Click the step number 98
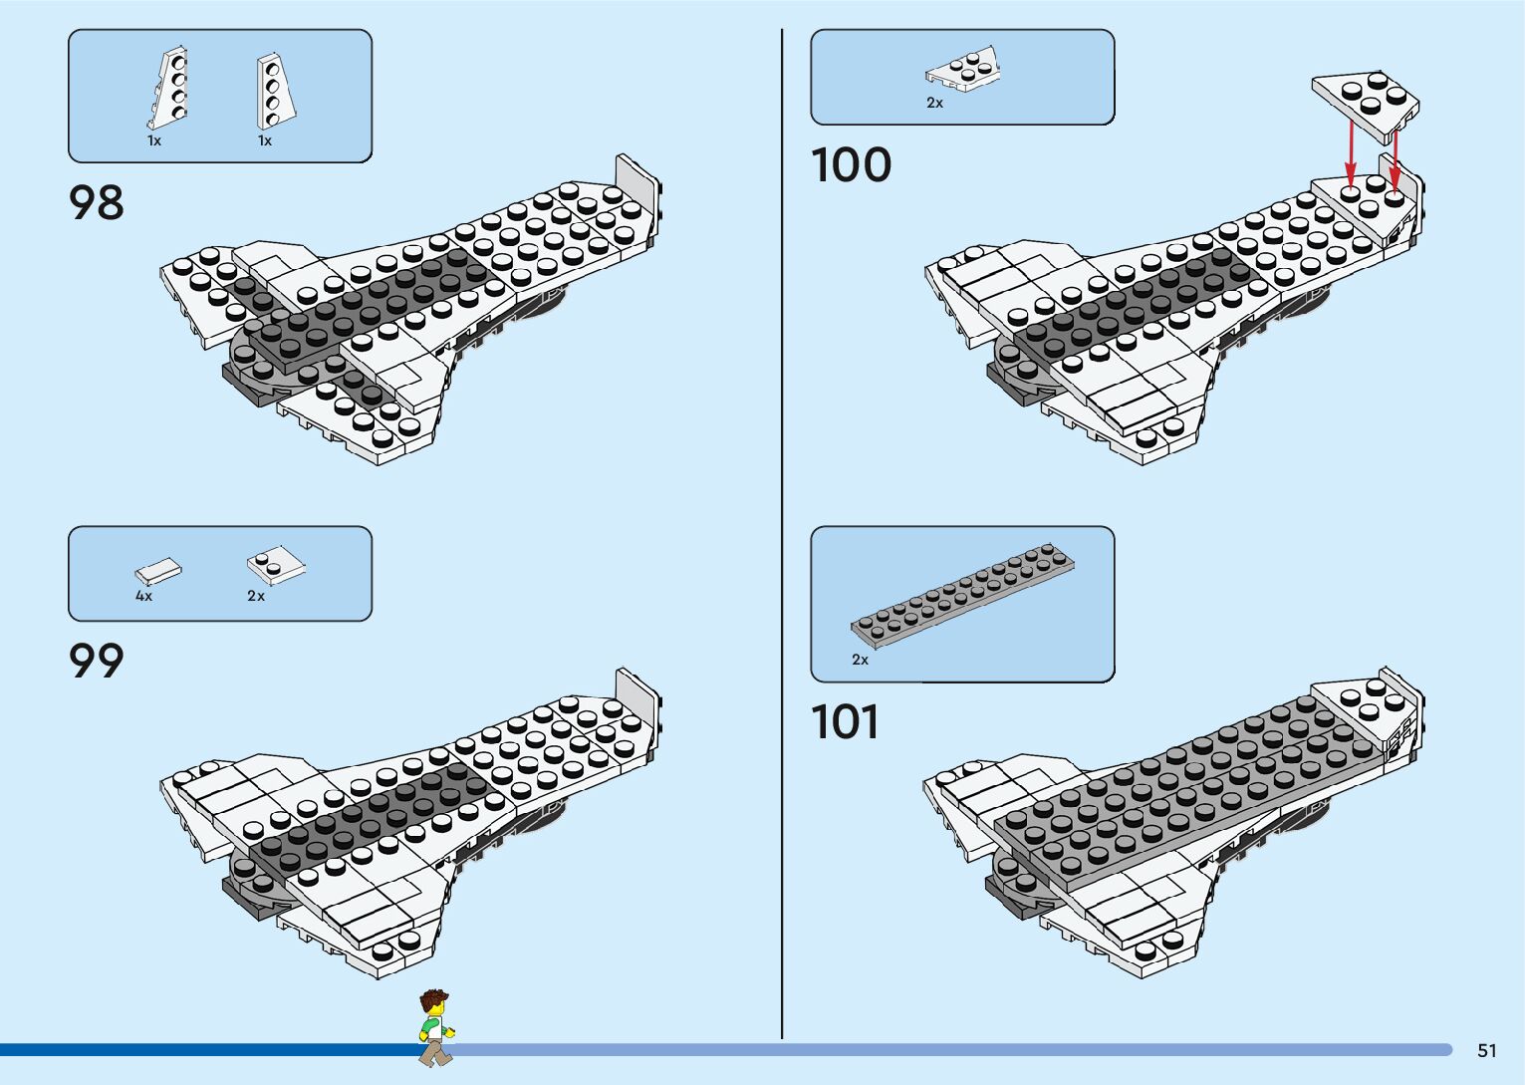(x=97, y=202)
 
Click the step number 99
(x=97, y=661)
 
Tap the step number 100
(x=851, y=165)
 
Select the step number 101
(x=845, y=722)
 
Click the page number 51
(x=1486, y=1050)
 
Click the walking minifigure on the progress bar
(x=434, y=1026)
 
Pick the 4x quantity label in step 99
(x=143, y=596)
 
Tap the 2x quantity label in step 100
(x=934, y=103)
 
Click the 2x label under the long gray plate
(x=860, y=660)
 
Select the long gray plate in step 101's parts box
(x=963, y=592)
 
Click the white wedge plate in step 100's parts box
(x=963, y=70)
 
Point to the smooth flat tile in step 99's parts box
(x=158, y=571)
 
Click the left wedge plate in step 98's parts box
(x=169, y=88)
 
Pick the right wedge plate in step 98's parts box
(x=274, y=90)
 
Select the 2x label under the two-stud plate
(x=256, y=596)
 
